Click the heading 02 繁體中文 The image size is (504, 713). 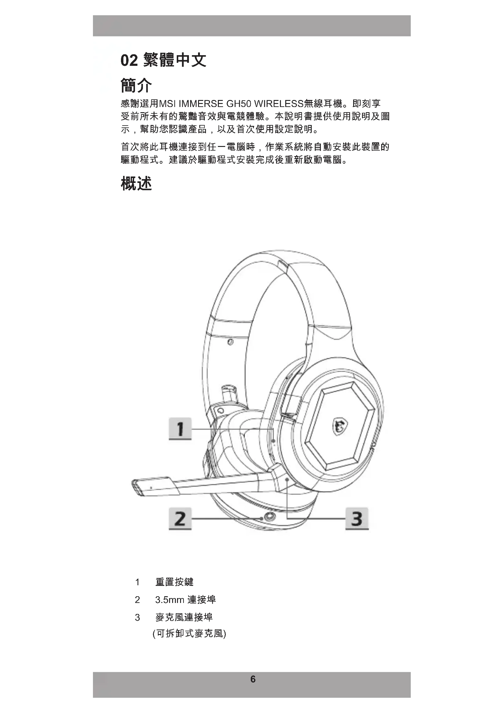click(x=163, y=60)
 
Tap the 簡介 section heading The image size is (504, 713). click(x=136, y=85)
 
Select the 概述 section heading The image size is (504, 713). click(x=136, y=183)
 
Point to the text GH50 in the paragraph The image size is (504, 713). click(x=238, y=103)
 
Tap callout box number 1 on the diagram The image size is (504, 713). click(x=180, y=429)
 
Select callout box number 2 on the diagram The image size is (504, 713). click(x=180, y=519)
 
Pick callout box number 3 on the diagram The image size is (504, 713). click(x=357, y=519)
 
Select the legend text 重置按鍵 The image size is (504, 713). click(x=174, y=582)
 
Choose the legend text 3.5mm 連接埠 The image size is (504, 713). click(x=185, y=600)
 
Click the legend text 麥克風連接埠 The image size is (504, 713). click(x=184, y=617)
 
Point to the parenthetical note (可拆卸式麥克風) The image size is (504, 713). click(x=189, y=633)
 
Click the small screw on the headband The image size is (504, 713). click(x=230, y=342)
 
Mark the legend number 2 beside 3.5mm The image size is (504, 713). click(x=137, y=600)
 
